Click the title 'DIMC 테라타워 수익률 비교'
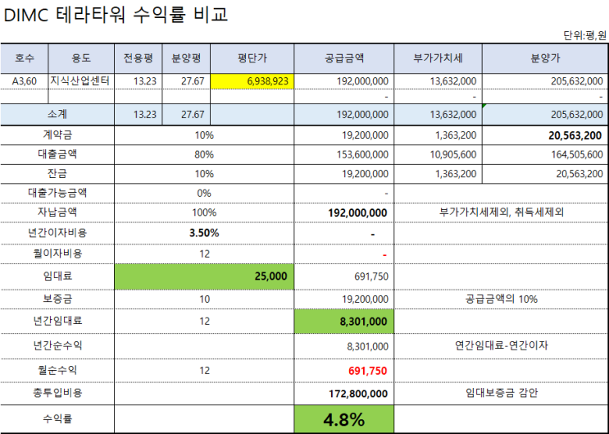click(x=116, y=14)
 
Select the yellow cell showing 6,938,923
click(x=252, y=80)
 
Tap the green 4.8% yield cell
click(x=344, y=420)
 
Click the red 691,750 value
click(x=367, y=371)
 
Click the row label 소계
click(x=57, y=115)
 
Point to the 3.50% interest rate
click(x=204, y=233)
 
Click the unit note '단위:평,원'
click(x=584, y=35)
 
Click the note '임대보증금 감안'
click(x=502, y=394)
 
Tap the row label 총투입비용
click(x=57, y=394)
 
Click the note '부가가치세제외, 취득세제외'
click(x=502, y=212)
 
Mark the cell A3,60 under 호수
click(x=25, y=80)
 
